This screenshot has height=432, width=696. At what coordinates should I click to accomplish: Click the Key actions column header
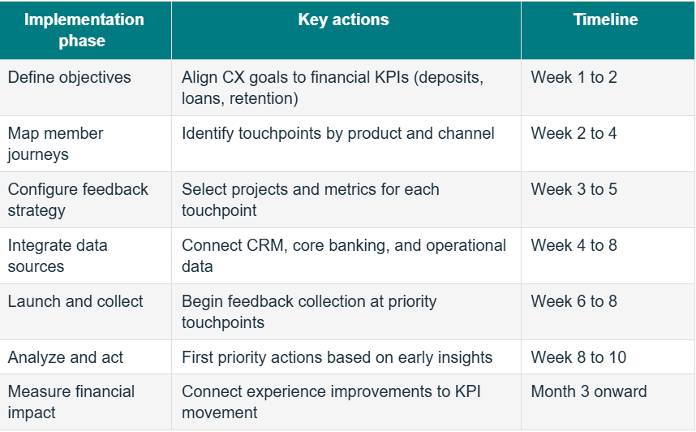click(343, 19)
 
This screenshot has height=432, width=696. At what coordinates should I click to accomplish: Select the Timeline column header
click(605, 19)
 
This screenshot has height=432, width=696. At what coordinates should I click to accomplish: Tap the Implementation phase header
click(84, 30)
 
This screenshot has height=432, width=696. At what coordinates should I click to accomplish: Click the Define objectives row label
click(69, 77)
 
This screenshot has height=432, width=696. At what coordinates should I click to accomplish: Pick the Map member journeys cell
click(55, 144)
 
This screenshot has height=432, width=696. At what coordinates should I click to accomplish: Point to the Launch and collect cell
click(75, 301)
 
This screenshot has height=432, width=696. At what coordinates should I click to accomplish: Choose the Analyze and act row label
click(65, 357)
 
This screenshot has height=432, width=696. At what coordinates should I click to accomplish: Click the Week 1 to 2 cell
click(574, 77)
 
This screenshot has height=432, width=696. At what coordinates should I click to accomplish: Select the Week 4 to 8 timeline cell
click(574, 245)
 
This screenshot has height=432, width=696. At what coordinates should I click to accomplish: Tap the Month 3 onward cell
click(589, 391)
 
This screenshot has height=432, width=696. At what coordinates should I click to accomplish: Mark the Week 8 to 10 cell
click(578, 357)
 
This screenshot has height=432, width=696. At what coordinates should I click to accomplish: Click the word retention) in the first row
click(264, 98)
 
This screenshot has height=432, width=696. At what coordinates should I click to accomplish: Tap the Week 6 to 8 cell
click(574, 301)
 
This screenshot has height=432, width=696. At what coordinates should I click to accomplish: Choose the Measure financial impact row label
click(71, 402)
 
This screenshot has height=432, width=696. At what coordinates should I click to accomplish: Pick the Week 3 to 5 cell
click(574, 189)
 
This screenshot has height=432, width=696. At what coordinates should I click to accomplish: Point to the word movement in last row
click(219, 413)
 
